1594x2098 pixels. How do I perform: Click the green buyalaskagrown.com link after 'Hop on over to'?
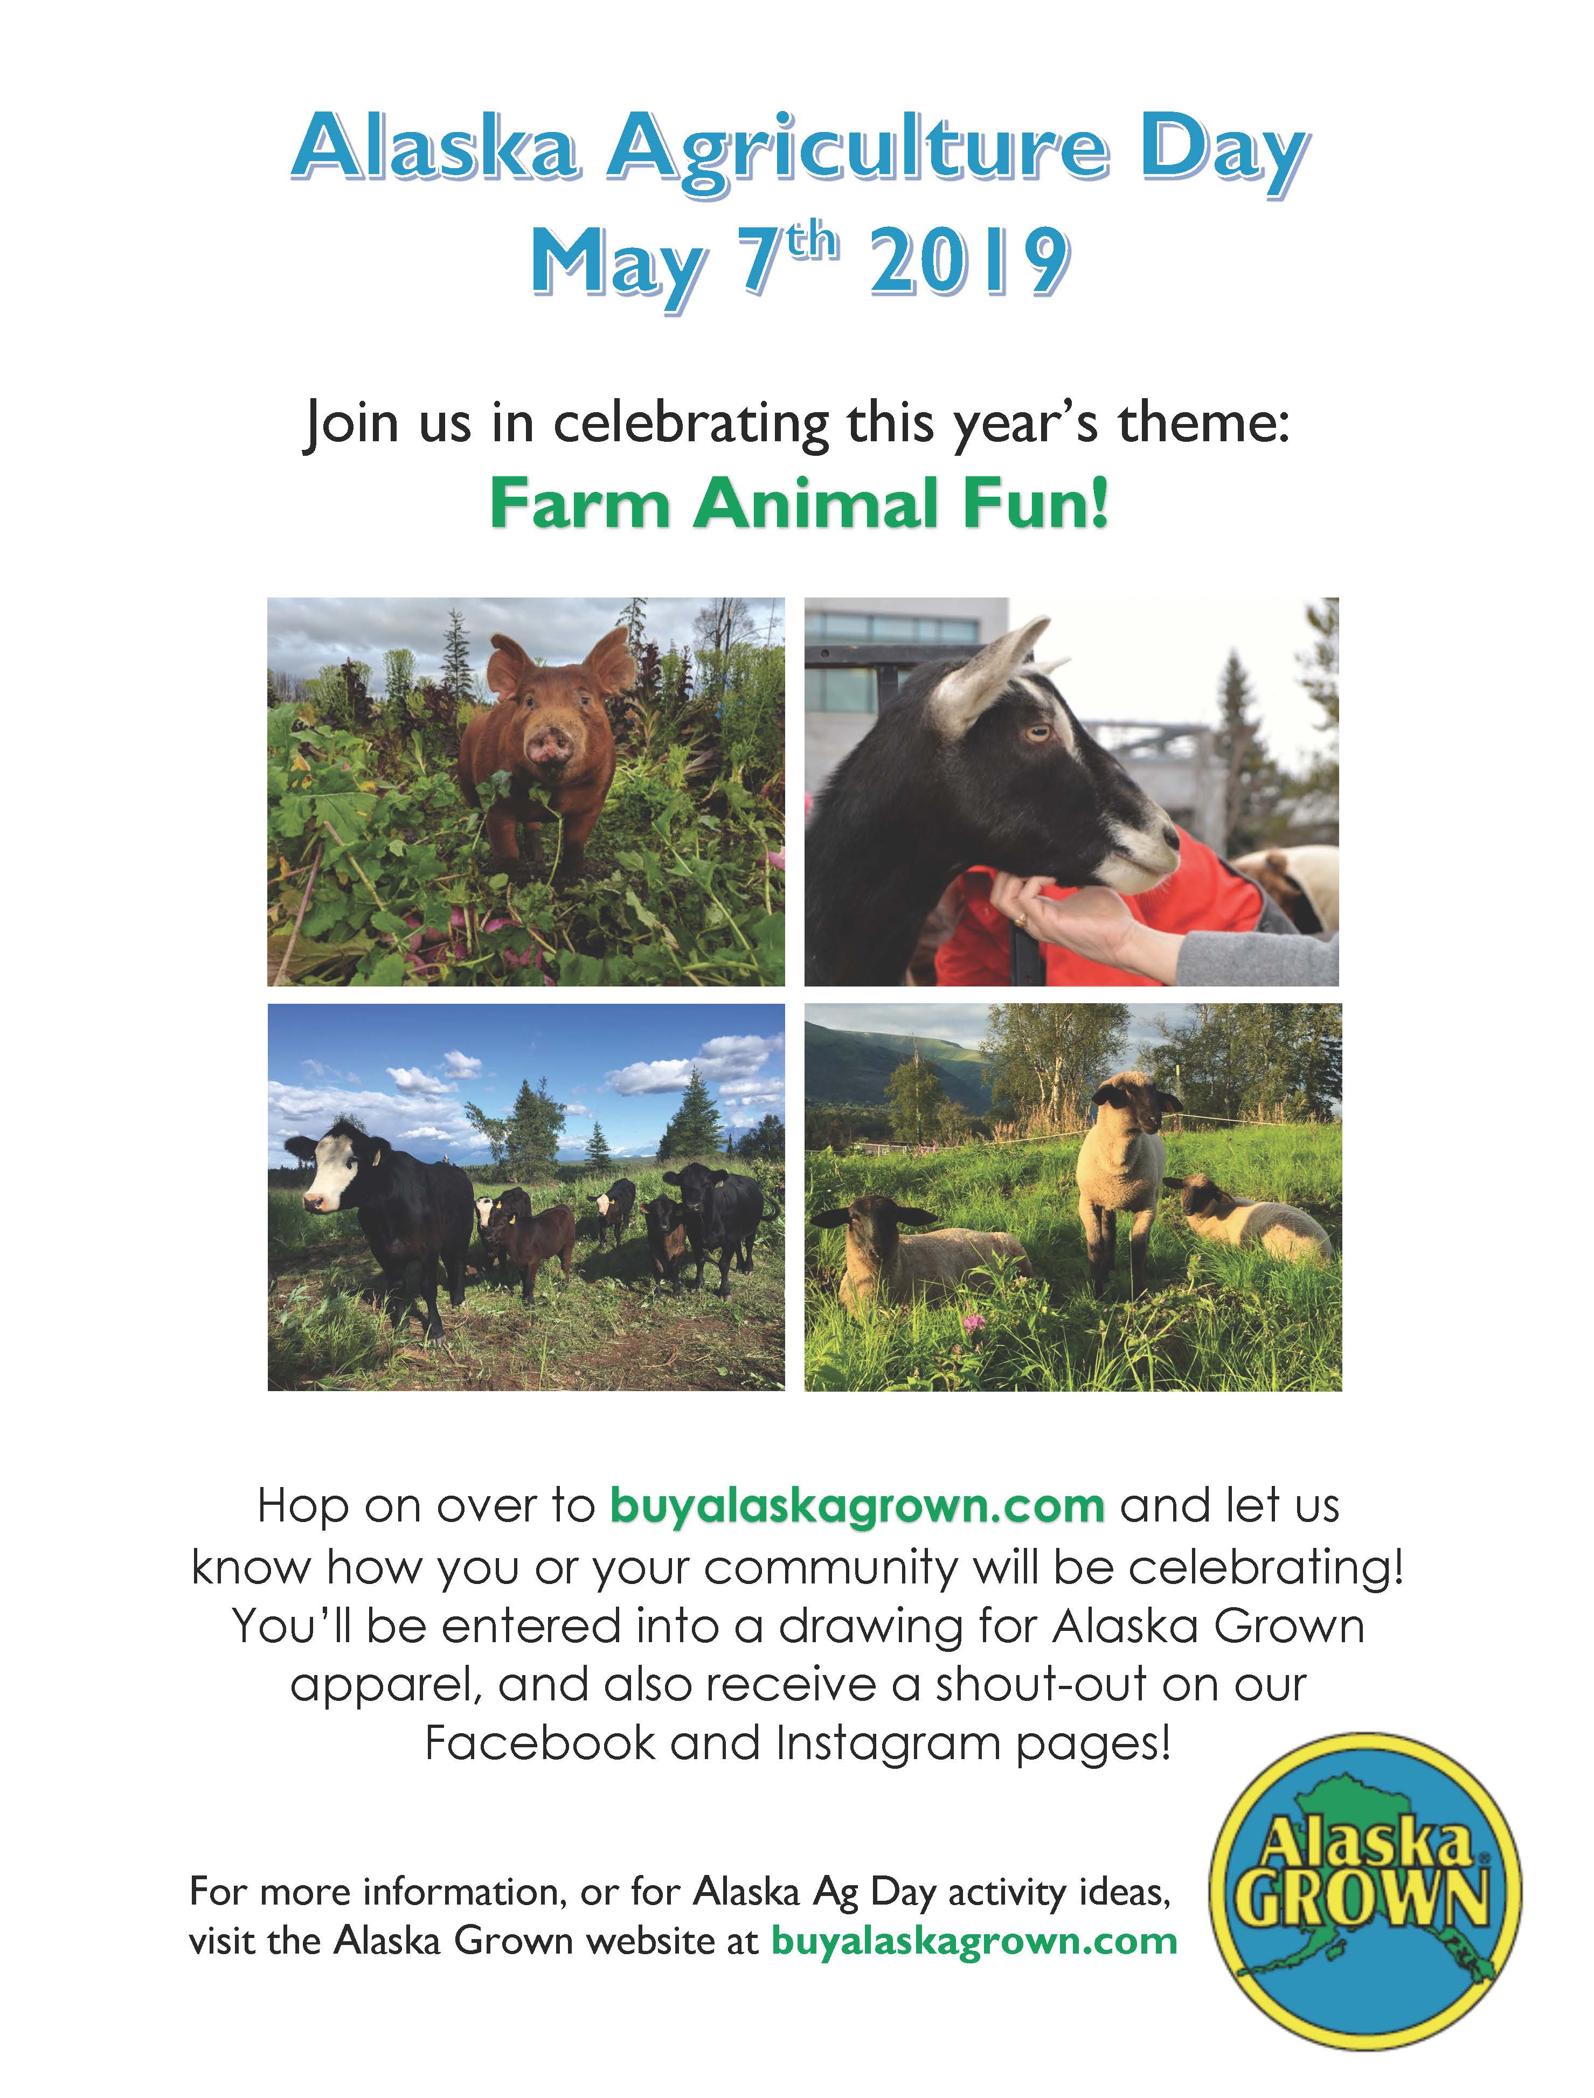[857, 1507]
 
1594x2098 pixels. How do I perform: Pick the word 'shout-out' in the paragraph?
[1037, 1684]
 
